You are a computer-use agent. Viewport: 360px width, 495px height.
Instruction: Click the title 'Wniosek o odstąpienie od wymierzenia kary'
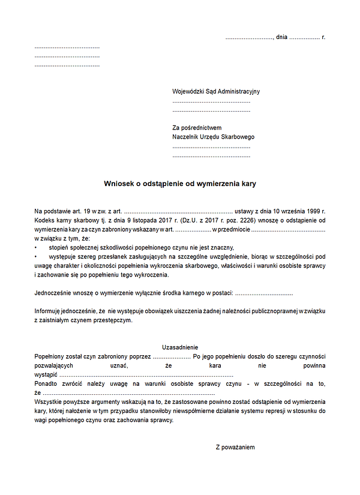tap(180, 184)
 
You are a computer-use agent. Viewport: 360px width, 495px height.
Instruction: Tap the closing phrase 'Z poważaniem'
tap(236, 448)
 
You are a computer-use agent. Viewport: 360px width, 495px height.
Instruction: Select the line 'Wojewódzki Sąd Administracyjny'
tap(216, 92)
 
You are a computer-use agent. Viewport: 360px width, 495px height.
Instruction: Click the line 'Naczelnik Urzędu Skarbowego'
tap(213, 137)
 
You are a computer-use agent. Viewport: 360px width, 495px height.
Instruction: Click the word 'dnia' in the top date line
tap(281, 37)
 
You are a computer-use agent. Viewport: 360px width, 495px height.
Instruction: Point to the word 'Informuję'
tap(49, 311)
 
